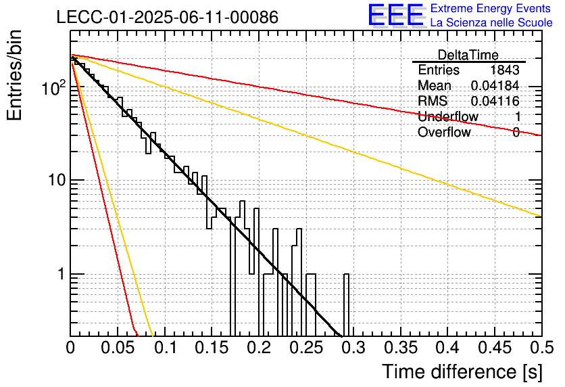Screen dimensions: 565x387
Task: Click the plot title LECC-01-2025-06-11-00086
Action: (168, 17)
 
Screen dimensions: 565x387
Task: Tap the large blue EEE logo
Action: (396, 15)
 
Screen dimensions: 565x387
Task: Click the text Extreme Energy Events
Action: (491, 8)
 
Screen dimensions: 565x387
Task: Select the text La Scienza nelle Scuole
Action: (491, 22)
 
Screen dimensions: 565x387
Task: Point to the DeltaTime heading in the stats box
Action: (468, 55)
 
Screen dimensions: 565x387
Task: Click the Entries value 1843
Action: (504, 70)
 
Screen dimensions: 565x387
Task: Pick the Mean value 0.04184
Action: (495, 85)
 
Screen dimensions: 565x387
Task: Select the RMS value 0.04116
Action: (495, 101)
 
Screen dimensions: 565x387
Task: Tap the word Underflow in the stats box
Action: (448, 116)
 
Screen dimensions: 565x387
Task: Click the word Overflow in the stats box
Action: (444, 132)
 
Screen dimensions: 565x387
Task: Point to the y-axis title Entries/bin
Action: (14, 75)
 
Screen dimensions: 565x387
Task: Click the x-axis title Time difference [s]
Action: (462, 371)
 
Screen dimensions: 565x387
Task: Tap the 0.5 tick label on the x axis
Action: (543, 348)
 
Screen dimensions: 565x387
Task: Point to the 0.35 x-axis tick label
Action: (401, 348)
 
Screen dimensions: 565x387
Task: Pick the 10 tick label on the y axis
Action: (57, 180)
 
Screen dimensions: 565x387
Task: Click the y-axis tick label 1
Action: (62, 274)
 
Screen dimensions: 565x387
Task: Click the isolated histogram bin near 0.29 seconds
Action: (346, 305)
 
